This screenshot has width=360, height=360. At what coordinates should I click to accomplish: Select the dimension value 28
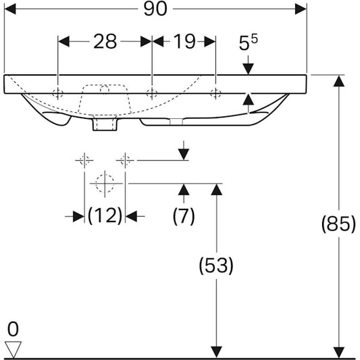(105, 41)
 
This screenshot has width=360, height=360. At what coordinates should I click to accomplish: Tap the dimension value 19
(183, 41)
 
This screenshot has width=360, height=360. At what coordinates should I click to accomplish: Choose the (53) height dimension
(216, 266)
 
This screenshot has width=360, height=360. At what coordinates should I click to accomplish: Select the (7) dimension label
(183, 216)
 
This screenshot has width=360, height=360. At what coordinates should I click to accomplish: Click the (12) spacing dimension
(105, 216)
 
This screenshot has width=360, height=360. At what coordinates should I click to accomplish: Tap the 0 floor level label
(12, 330)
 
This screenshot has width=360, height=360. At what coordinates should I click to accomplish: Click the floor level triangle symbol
(13, 349)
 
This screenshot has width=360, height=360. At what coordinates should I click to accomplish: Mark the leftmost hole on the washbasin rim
(59, 93)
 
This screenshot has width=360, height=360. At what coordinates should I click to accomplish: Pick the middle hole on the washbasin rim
(153, 93)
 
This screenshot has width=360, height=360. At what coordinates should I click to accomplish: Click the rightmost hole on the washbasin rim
(215, 93)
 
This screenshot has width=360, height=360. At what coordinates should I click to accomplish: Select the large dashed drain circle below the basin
(104, 182)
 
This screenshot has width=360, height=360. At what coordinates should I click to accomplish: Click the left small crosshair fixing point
(84, 160)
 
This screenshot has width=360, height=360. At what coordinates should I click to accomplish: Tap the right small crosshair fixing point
(124, 160)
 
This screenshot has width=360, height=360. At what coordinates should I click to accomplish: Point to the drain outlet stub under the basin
(103, 126)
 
